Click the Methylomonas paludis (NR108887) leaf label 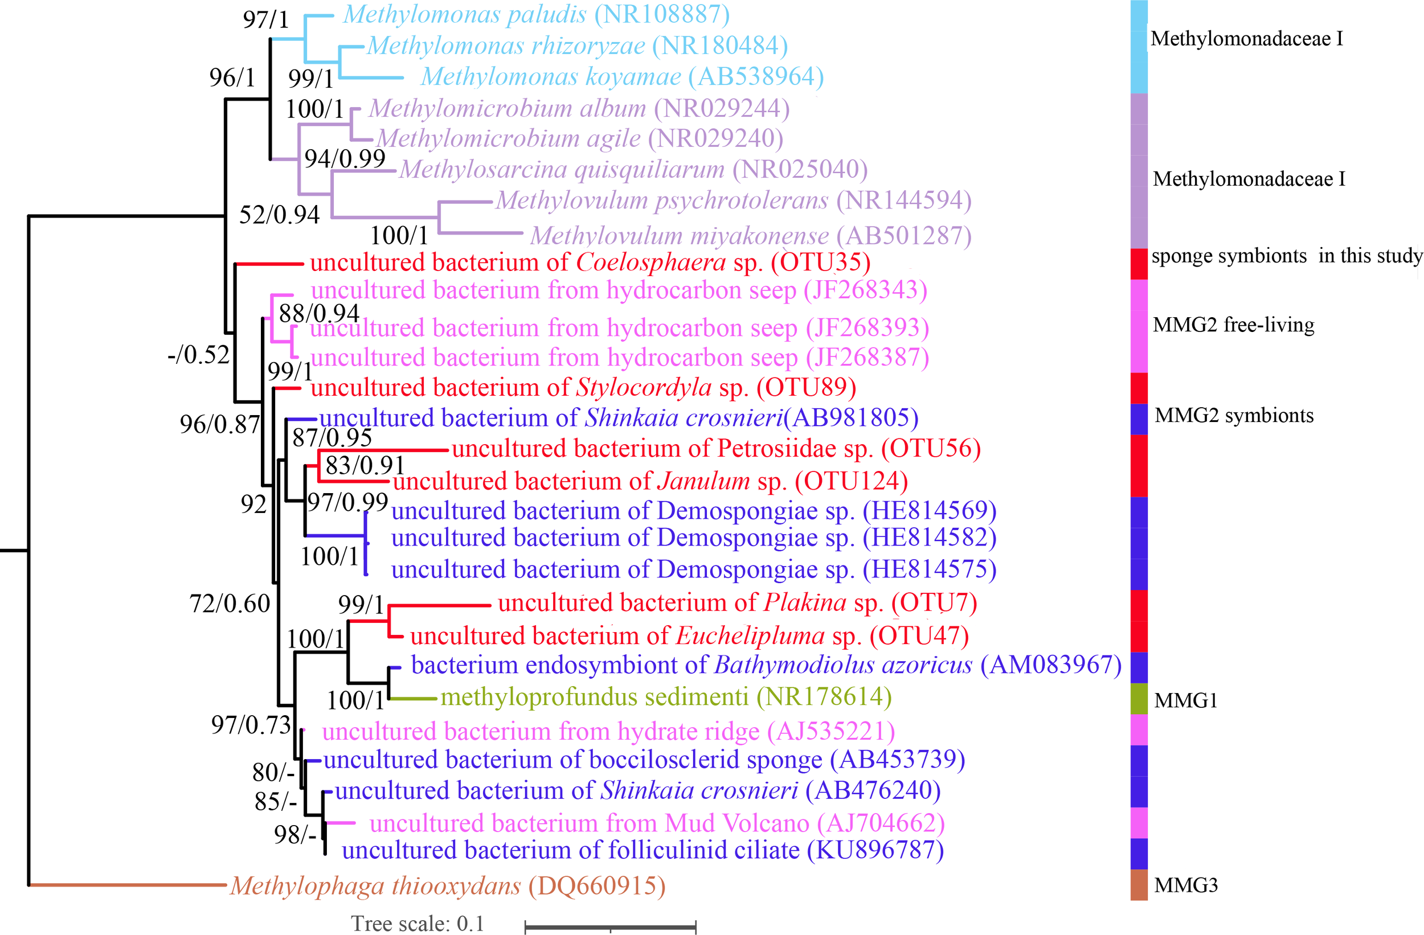pyautogui.click(x=536, y=15)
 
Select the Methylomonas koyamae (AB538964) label pyautogui.click(x=622, y=76)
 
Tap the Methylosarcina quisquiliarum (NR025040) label pyautogui.click(x=633, y=169)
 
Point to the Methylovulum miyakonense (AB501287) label pyautogui.click(x=751, y=236)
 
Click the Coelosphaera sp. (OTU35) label pyautogui.click(x=590, y=263)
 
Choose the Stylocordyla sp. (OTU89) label pyautogui.click(x=583, y=388)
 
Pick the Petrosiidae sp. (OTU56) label pyautogui.click(x=716, y=449)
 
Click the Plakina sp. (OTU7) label pyautogui.click(x=737, y=603)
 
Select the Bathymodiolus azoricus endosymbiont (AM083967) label pyautogui.click(x=766, y=665)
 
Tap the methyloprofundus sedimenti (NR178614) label pyautogui.click(x=666, y=697)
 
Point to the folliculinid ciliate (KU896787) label pyautogui.click(x=643, y=850)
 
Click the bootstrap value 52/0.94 pyautogui.click(x=280, y=215)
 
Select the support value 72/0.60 pyautogui.click(x=230, y=604)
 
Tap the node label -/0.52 pyautogui.click(x=199, y=355)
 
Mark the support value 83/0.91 pyautogui.click(x=365, y=465)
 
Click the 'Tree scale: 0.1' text pyautogui.click(x=417, y=924)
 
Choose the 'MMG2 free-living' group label pyautogui.click(x=1233, y=325)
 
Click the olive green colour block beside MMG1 pyautogui.click(x=1139, y=699)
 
